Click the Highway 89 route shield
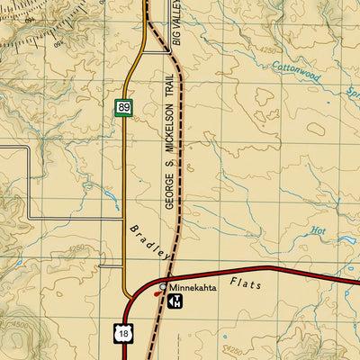pyautogui.click(x=124, y=108)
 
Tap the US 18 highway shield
pyautogui.click(x=122, y=333)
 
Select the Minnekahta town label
pyautogui.click(x=193, y=287)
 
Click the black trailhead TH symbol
pyautogui.click(x=176, y=300)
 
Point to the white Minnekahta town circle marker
pyautogui.click(x=162, y=287)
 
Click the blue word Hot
pyautogui.click(x=318, y=230)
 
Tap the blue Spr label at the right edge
pyautogui.click(x=351, y=92)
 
